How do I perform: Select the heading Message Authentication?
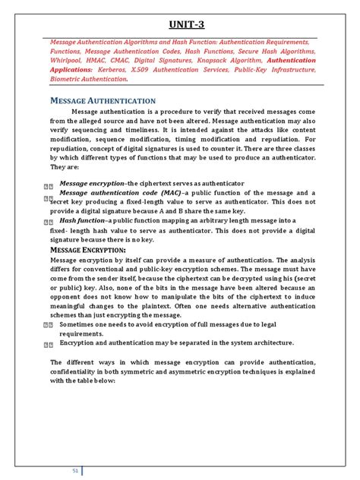pos(103,100)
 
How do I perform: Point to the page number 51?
pos(76,470)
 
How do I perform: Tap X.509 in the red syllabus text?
pos(138,68)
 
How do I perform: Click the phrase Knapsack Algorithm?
pos(231,59)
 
